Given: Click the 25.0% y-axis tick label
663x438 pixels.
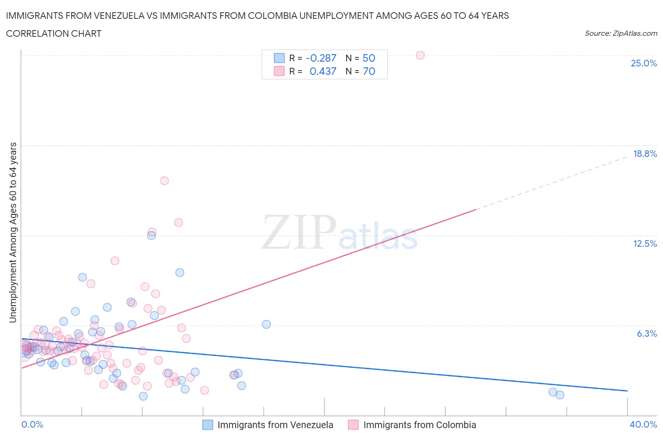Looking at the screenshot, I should (644, 63).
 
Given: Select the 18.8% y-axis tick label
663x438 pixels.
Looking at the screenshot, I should (645, 154).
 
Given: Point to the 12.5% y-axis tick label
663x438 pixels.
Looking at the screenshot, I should (645, 243).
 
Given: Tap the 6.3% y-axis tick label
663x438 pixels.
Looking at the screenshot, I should (646, 333).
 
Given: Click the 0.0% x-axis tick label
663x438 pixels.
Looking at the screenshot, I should (32, 424).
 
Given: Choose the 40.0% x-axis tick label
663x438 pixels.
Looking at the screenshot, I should (643, 424).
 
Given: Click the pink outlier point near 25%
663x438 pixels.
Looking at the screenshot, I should (420, 55).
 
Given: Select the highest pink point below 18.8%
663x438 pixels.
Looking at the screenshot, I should (164, 180).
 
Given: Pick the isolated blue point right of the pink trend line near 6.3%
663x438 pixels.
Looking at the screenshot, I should (266, 324).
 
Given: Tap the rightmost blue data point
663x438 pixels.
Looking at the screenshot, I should (560, 395).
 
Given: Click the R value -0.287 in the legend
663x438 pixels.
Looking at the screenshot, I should (321, 58).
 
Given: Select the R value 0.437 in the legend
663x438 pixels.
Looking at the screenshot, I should (323, 71).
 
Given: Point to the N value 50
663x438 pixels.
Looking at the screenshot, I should (369, 58).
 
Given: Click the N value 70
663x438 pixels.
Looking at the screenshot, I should (369, 71).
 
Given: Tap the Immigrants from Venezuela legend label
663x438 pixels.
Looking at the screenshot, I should (275, 425).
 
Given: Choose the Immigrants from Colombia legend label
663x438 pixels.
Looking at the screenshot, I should (419, 425).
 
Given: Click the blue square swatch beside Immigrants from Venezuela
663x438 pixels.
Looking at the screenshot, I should (207, 425).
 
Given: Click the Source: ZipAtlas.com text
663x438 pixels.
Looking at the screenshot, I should (621, 33).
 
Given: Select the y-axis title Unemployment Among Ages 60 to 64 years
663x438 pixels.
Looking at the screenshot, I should (13, 232).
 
